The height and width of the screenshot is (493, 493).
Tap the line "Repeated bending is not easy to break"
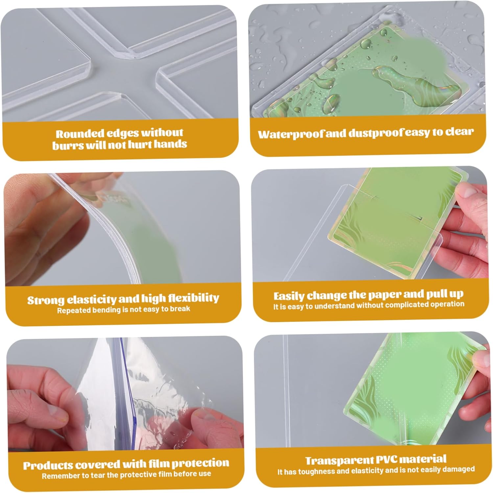(124, 310)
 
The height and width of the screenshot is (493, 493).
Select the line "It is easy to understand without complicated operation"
(369, 305)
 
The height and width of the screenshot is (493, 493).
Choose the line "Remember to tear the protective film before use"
(126, 475)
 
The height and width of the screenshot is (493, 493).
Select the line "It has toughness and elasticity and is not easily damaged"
(376, 470)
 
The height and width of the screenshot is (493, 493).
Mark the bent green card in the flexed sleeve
(148, 237)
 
